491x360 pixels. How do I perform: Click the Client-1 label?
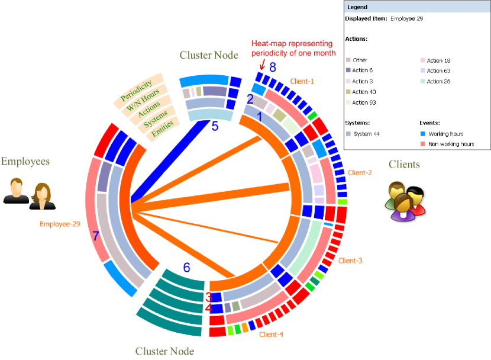(302, 81)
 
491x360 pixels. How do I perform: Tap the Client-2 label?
(360, 172)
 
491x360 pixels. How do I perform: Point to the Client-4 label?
(271, 335)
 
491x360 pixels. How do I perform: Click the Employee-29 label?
(60, 224)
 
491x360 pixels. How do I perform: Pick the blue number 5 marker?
(215, 126)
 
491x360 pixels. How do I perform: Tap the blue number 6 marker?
(187, 268)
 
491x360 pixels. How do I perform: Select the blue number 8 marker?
(273, 66)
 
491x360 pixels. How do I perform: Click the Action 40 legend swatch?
(348, 92)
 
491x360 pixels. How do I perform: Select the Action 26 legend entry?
(438, 81)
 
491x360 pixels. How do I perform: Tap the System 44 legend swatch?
(348, 134)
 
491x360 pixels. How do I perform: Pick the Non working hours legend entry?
(451, 144)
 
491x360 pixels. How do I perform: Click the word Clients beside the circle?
(404, 164)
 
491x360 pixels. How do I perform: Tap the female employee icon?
(42, 197)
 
